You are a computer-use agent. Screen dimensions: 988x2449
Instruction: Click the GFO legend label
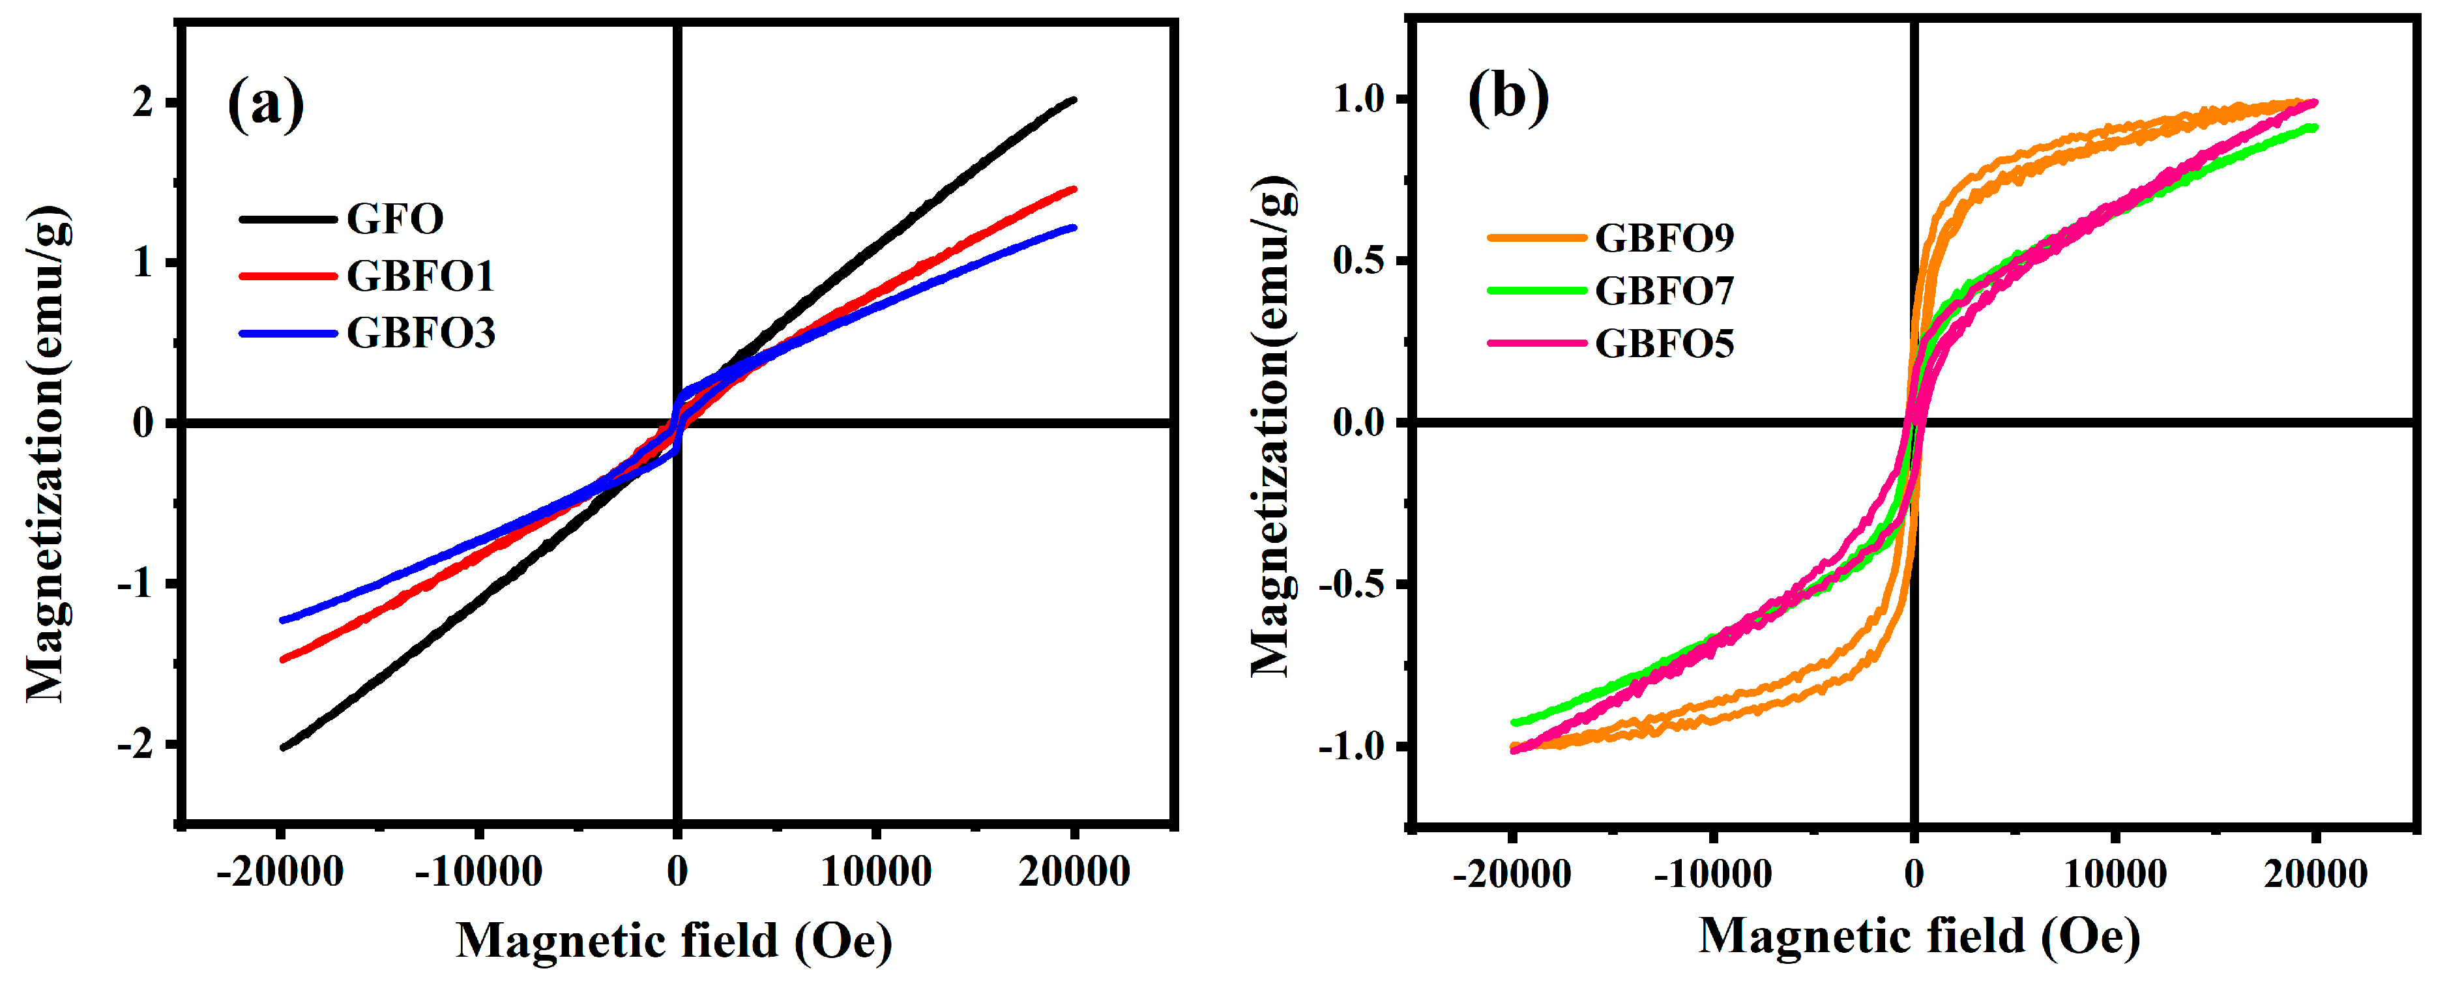coord(394,219)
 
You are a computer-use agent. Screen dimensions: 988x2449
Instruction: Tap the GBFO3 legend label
coord(420,333)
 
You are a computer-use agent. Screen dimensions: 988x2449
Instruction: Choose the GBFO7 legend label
coord(1664,290)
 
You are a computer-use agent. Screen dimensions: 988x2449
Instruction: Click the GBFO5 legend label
coord(1664,343)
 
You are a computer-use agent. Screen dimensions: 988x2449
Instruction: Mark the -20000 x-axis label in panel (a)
coord(280,871)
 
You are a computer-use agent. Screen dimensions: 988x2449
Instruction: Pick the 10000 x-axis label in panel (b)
coord(2115,873)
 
